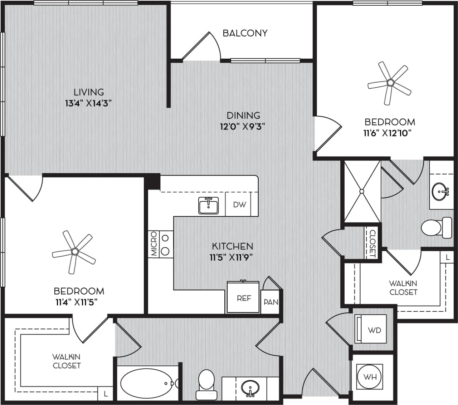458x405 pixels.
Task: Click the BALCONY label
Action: pyautogui.click(x=245, y=33)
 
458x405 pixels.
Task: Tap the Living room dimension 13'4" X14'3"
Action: pyautogui.click(x=89, y=104)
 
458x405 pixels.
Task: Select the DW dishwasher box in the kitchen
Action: pyautogui.click(x=240, y=204)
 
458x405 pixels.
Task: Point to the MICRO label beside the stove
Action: pyautogui.click(x=154, y=243)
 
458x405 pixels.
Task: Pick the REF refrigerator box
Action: pyautogui.click(x=244, y=298)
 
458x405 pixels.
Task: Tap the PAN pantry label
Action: pyautogui.click(x=271, y=302)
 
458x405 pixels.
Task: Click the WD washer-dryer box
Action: pyautogui.click(x=371, y=329)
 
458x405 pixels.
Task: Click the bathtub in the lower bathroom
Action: pyautogui.click(x=147, y=383)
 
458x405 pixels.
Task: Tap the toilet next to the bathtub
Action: pyautogui.click(x=206, y=384)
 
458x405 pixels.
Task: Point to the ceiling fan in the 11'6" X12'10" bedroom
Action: pyautogui.click(x=390, y=83)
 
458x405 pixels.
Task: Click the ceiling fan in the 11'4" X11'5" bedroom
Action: pyautogui.click(x=74, y=251)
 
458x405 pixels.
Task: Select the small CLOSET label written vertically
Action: pyautogui.click(x=372, y=243)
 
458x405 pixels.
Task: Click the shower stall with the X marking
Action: pyautogui.click(x=362, y=191)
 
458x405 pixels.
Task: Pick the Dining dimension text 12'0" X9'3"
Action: pyautogui.click(x=243, y=127)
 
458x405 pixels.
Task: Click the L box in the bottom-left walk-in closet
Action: pyautogui.click(x=105, y=394)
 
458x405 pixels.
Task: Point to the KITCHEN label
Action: pyautogui.click(x=232, y=246)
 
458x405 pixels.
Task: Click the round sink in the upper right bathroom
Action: pyautogui.click(x=440, y=192)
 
